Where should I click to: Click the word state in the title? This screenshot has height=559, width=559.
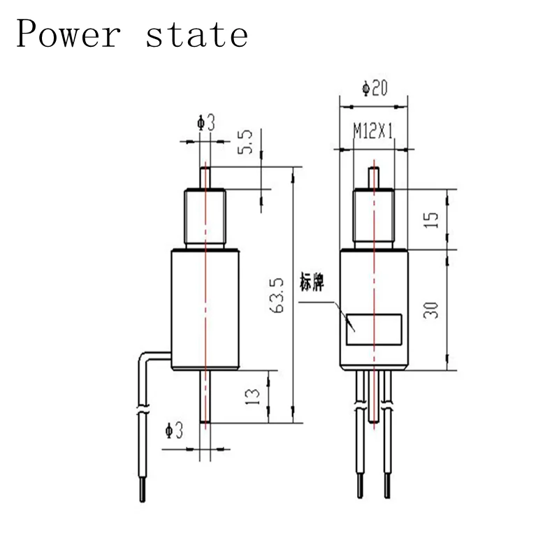[196, 34]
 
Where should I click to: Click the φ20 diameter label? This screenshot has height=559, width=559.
[375, 89]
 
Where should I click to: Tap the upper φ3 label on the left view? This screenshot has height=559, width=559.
[206, 124]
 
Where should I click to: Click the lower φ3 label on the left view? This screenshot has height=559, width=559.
[173, 432]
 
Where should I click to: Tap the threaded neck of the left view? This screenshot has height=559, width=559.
[205, 219]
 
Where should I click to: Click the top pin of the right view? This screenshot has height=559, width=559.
[375, 178]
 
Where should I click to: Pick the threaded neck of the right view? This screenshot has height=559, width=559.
[375, 219]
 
